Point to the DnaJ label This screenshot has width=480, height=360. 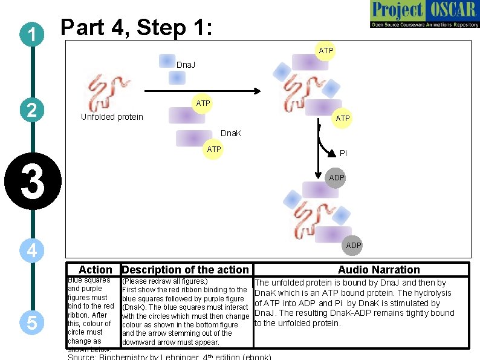(186, 64)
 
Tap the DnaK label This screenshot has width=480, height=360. (231, 133)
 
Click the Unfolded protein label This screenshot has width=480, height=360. (112, 117)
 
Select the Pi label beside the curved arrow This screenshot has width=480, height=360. (343, 153)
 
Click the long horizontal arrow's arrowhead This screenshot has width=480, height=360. (256, 91)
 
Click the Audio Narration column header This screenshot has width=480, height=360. (378, 270)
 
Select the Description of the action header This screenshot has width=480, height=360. (185, 270)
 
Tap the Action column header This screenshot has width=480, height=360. (96, 270)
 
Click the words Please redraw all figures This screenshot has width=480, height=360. (165, 281)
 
